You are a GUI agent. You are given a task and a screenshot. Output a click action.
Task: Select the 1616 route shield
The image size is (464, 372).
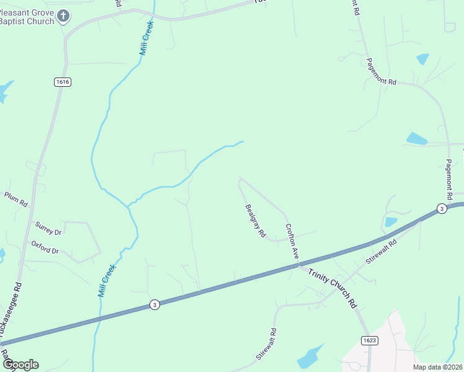click(x=63, y=82)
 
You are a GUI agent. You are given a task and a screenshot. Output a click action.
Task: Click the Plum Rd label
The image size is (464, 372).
click(x=16, y=199)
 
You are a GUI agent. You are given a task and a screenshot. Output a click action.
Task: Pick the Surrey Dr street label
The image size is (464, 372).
click(x=49, y=229)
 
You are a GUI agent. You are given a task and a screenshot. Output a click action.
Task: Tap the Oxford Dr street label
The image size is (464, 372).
click(x=45, y=247)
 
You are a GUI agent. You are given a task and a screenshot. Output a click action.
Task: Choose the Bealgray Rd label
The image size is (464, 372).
click(x=255, y=221)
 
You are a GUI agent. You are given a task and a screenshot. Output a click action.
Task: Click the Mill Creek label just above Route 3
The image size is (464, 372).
click(x=107, y=281)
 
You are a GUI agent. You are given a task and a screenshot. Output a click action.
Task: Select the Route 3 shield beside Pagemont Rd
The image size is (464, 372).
click(x=441, y=208)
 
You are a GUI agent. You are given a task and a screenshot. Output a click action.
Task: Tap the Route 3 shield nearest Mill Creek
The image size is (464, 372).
click(x=154, y=304)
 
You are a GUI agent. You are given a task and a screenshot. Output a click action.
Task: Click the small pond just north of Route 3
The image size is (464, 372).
click(x=390, y=221)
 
